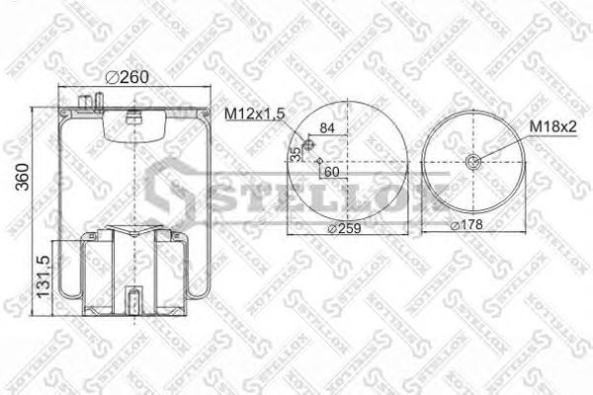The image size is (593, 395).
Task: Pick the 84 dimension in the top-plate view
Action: coord(327,126)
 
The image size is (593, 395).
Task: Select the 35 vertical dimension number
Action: coord(295,155)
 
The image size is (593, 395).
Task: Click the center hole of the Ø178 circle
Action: coord(472,164)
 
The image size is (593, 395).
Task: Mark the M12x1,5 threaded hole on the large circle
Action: coord(308,146)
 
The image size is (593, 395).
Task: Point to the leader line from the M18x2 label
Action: coord(504,143)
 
